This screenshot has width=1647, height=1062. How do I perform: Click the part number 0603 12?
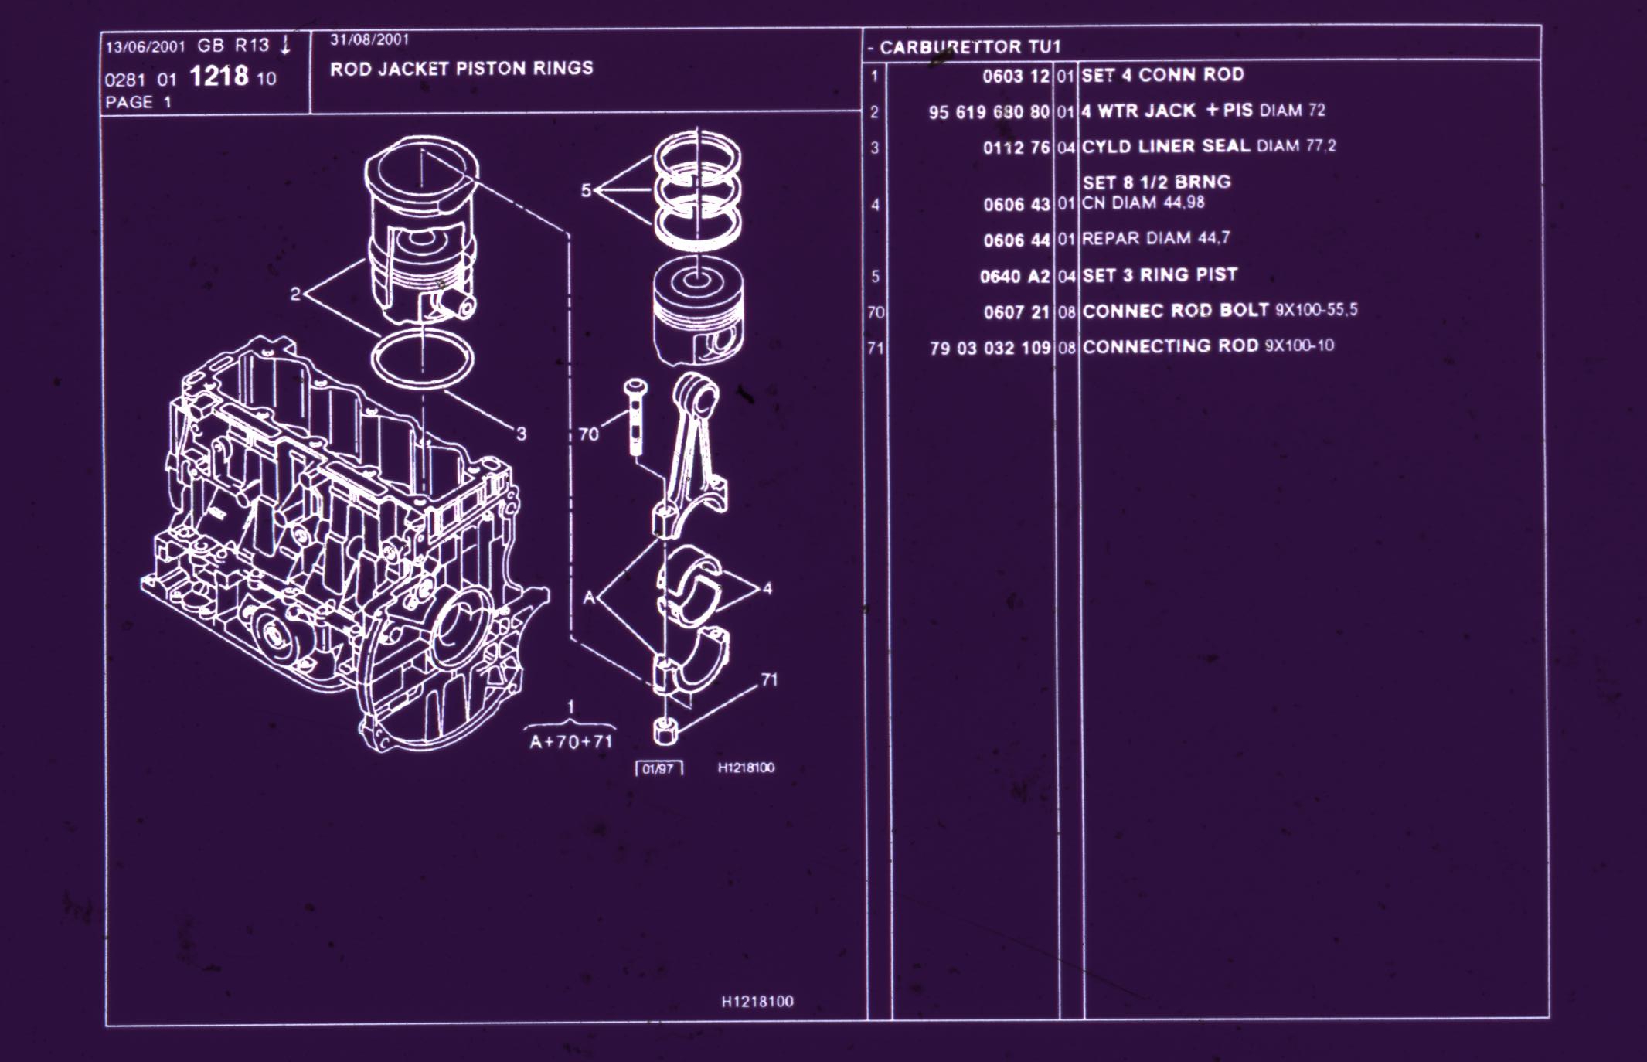(1016, 77)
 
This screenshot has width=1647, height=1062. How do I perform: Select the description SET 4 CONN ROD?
(1162, 75)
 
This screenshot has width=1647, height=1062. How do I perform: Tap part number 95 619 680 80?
(989, 112)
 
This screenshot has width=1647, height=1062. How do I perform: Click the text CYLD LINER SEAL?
(1165, 146)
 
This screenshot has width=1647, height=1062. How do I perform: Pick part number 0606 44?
(1016, 240)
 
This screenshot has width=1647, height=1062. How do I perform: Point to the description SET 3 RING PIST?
(1159, 274)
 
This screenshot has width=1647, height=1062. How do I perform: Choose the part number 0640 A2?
(1015, 277)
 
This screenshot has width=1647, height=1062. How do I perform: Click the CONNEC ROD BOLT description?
(1176, 310)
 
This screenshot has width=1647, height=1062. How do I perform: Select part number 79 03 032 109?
(990, 348)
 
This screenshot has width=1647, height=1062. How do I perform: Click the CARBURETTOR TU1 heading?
(970, 47)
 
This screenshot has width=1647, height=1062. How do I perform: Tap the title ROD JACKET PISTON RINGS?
(461, 68)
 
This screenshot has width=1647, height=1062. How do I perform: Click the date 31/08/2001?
(369, 39)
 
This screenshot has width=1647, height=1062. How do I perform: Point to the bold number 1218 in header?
(219, 76)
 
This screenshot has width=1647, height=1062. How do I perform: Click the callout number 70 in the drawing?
(589, 434)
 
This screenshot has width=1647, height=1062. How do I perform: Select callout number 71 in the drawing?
(769, 680)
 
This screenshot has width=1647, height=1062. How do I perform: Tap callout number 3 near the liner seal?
(522, 434)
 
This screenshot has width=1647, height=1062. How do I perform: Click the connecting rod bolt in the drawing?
(635, 417)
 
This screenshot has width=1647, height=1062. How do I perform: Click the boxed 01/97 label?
(658, 769)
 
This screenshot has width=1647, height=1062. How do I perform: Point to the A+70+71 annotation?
(571, 742)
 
